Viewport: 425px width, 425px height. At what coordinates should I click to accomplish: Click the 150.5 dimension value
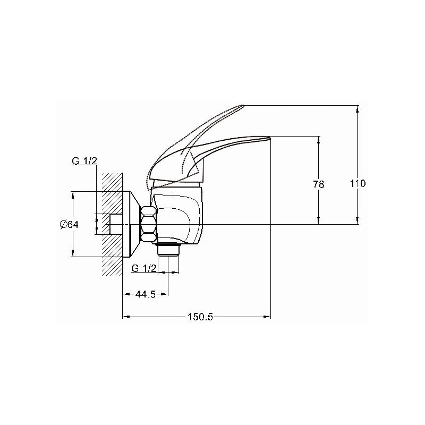(200, 317)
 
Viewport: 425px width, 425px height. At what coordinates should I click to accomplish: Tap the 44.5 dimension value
(146, 294)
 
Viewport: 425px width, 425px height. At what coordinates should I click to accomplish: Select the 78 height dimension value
(318, 184)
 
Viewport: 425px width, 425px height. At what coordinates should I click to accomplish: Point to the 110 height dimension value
(358, 183)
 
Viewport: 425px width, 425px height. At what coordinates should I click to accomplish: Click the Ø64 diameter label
(69, 224)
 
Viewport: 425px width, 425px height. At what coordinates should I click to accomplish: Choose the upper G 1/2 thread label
(84, 161)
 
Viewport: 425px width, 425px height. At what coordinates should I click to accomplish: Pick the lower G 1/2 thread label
(144, 268)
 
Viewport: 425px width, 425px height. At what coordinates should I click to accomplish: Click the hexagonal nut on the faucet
(149, 224)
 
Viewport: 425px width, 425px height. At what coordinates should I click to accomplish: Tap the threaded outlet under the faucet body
(168, 249)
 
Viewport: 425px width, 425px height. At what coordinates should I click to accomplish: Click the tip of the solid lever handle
(269, 138)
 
